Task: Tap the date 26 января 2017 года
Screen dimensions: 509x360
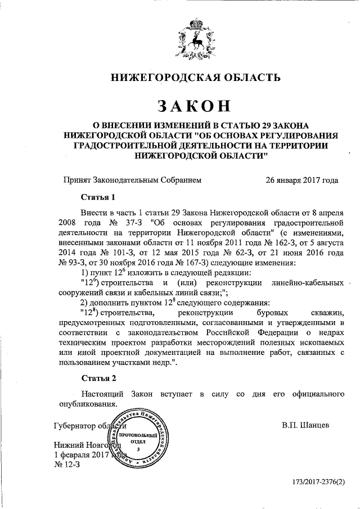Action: coord(302,181)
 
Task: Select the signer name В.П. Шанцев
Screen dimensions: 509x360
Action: coord(306,425)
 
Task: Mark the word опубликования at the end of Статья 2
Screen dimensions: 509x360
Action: coord(89,404)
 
